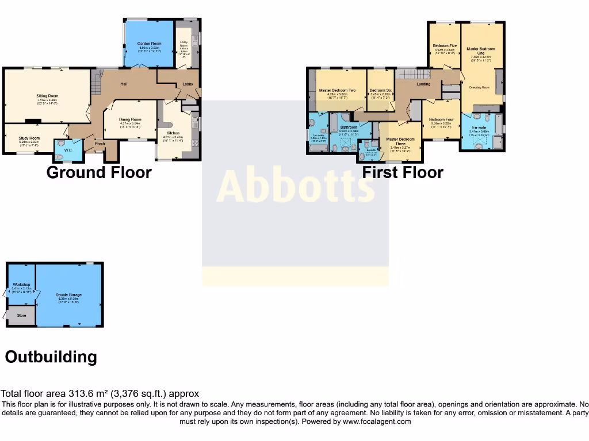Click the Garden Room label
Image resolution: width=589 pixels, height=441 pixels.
pyautogui.click(x=149, y=44)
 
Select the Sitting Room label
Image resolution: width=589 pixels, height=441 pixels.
pyautogui.click(x=48, y=96)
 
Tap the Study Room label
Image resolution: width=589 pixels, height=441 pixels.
pyautogui.click(x=29, y=138)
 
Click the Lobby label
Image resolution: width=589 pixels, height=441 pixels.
pyautogui.click(x=188, y=84)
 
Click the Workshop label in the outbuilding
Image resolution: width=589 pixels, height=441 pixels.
pyautogui.click(x=20, y=285)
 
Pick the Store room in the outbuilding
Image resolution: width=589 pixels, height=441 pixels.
pyautogui.click(x=21, y=315)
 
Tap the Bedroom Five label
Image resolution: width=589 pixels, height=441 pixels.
pyautogui.click(x=445, y=45)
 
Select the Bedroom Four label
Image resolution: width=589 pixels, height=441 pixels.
pyautogui.click(x=441, y=119)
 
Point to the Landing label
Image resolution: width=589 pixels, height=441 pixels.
pyautogui.click(x=423, y=84)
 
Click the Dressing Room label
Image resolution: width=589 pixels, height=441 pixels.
pyautogui.click(x=479, y=87)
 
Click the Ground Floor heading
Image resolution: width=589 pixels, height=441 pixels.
pyautogui.click(x=99, y=172)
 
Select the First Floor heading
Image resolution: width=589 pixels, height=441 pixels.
pyautogui.click(x=403, y=172)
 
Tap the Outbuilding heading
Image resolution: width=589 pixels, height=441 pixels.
pyautogui.click(x=51, y=357)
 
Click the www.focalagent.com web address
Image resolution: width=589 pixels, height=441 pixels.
pyautogui.click(x=377, y=421)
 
